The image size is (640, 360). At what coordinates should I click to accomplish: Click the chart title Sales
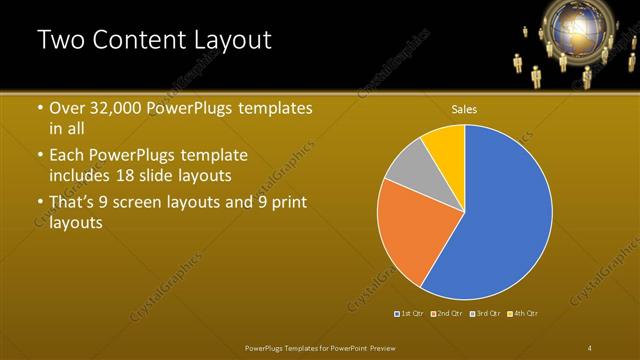[464, 108]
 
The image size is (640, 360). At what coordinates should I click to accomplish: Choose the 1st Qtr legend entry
[409, 314]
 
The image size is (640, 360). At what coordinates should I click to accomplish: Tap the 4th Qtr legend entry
[523, 314]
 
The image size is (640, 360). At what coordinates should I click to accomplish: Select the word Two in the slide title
[62, 40]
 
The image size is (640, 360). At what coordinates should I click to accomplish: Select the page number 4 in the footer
[590, 347]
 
